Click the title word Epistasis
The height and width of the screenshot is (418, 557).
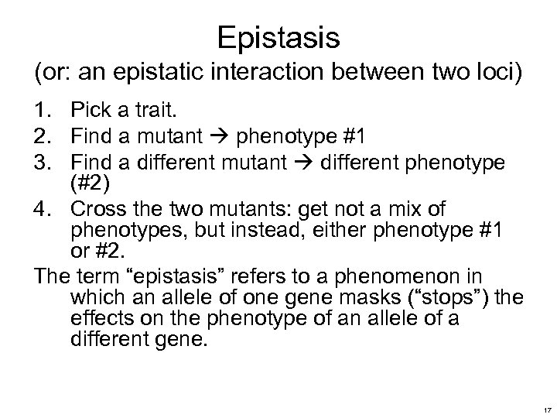point(278,36)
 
